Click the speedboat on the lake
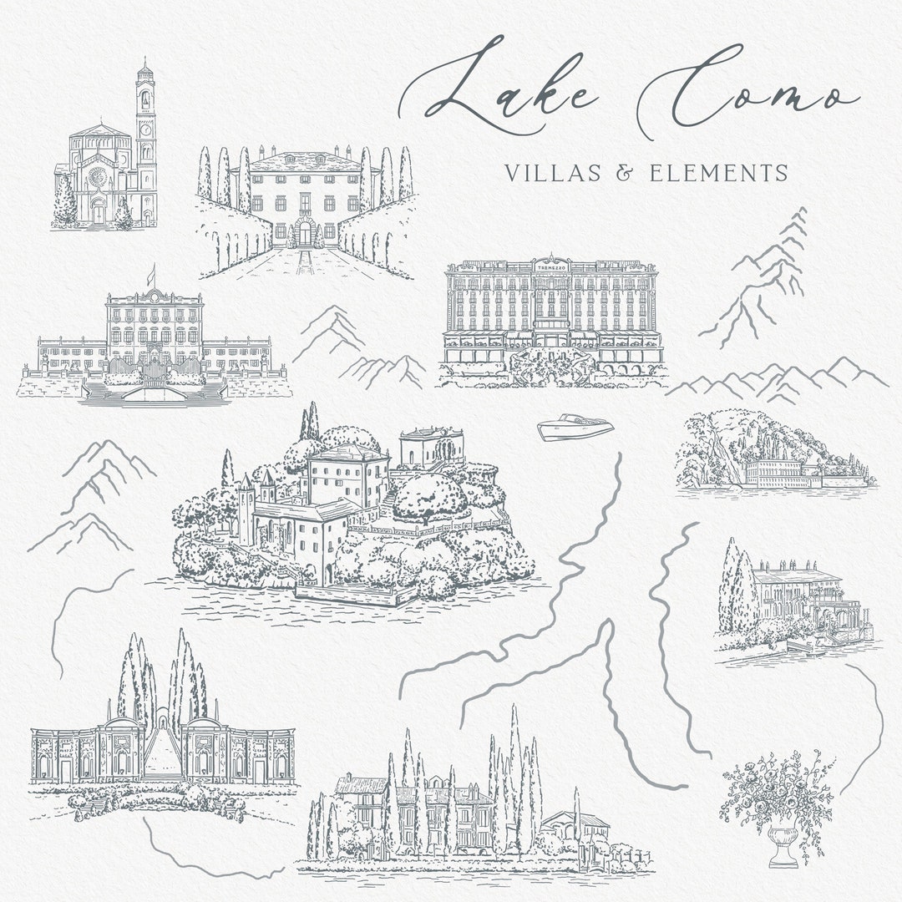click(x=575, y=427)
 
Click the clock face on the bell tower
click(x=146, y=130)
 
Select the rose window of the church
click(x=98, y=178)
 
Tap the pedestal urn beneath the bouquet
click(x=781, y=845)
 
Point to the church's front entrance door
click(x=99, y=214)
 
